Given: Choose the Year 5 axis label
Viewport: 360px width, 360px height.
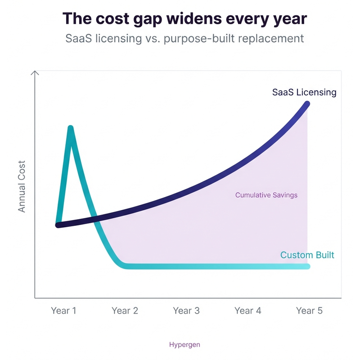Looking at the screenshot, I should [x=309, y=310].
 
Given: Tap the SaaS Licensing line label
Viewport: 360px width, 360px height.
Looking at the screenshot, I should [x=304, y=92].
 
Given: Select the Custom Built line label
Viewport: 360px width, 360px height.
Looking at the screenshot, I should [x=307, y=255].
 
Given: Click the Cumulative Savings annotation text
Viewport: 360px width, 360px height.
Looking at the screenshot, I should [x=266, y=195].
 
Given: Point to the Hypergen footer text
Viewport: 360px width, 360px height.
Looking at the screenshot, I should [x=184, y=345].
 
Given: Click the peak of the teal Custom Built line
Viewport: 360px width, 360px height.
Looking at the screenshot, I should [x=71, y=128].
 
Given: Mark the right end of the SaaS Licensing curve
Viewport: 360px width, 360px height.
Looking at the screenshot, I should [x=308, y=104].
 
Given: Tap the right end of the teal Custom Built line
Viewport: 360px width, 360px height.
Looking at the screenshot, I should [x=308, y=266].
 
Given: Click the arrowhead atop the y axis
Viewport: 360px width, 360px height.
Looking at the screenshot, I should [x=35, y=72].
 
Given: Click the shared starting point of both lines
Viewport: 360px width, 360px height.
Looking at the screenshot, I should [x=57, y=225].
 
